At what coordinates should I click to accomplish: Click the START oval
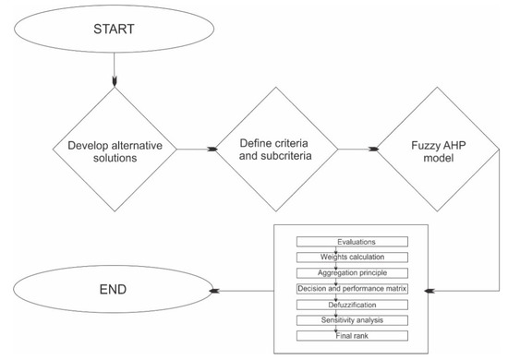point(112,29)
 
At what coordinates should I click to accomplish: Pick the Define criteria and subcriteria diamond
point(276,148)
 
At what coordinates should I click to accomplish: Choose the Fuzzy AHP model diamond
point(436,148)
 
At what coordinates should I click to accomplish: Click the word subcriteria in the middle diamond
point(295,155)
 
